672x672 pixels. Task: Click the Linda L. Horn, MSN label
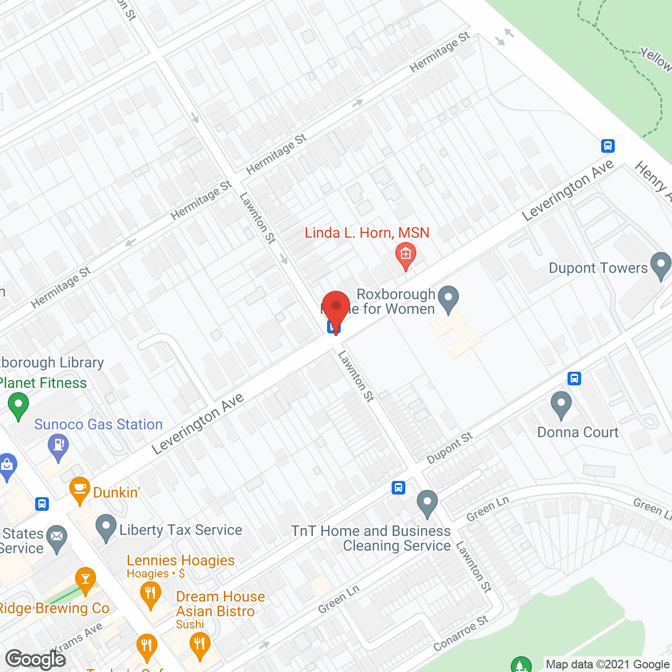point(367,233)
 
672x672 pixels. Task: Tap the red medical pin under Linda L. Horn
point(405,255)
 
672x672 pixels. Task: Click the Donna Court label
point(577,432)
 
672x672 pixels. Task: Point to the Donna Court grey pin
point(561,404)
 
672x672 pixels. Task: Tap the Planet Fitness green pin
point(18,405)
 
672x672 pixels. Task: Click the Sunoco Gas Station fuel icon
point(58,447)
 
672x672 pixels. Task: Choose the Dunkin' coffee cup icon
point(80,489)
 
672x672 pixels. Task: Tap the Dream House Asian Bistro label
point(220,604)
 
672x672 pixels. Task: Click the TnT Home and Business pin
point(427,502)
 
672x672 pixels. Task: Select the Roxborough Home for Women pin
point(448,298)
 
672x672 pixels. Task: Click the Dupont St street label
point(449,448)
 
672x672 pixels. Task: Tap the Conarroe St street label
point(461,633)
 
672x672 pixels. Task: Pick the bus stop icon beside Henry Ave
point(608,145)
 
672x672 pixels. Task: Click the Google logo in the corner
point(35,659)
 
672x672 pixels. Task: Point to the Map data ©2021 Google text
point(608,664)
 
